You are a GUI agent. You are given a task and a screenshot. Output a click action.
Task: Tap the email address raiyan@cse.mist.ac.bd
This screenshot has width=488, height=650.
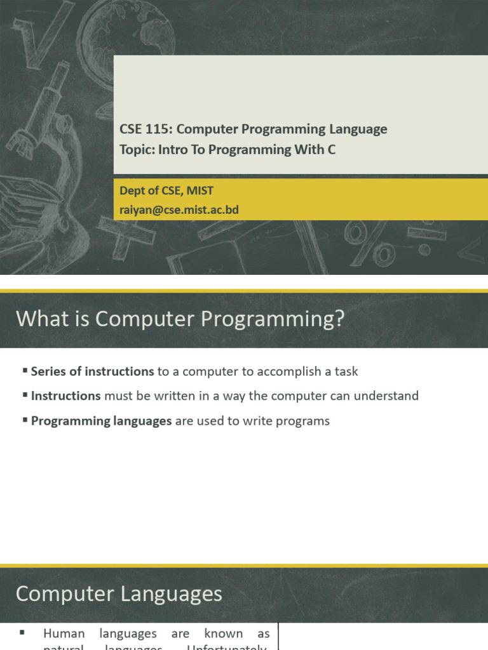[x=179, y=209]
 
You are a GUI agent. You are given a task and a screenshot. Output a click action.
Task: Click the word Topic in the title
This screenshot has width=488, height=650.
[x=135, y=150]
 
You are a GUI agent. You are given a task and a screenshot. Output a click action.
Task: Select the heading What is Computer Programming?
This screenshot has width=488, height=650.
[x=180, y=319]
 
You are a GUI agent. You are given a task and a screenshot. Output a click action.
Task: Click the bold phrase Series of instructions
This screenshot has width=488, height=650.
[x=92, y=371]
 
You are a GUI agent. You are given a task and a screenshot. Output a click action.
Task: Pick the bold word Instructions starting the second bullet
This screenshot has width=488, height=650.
[x=65, y=396]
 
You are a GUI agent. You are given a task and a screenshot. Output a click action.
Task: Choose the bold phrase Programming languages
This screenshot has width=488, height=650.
[x=101, y=421]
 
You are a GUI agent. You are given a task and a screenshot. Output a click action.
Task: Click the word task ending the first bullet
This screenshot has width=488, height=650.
[x=346, y=371]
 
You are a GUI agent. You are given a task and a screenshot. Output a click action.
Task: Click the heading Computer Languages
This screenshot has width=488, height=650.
[x=119, y=594]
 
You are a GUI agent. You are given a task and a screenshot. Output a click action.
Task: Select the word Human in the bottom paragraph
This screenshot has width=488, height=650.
[x=64, y=633]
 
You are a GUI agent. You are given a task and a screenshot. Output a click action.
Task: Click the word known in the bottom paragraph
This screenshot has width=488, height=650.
[x=223, y=633]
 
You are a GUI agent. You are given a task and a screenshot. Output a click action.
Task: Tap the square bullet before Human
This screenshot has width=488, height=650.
[x=22, y=633]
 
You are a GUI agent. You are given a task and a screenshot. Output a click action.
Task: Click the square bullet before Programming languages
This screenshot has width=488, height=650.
[x=25, y=420]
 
